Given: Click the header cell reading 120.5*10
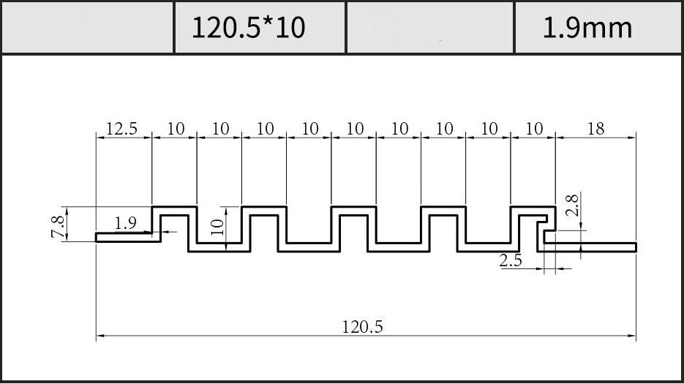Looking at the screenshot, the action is pos(260,28).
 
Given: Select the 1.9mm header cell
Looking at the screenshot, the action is pos(598,28).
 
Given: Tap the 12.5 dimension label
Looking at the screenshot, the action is pos(121,129).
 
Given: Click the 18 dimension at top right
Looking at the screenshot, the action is pos(595,129).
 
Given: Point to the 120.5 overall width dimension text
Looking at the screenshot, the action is pos(362,326).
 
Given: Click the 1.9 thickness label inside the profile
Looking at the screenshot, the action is pos(126,223).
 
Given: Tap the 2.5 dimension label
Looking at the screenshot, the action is pos(511,260).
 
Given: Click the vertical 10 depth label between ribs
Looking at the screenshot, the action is pos(217,227).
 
